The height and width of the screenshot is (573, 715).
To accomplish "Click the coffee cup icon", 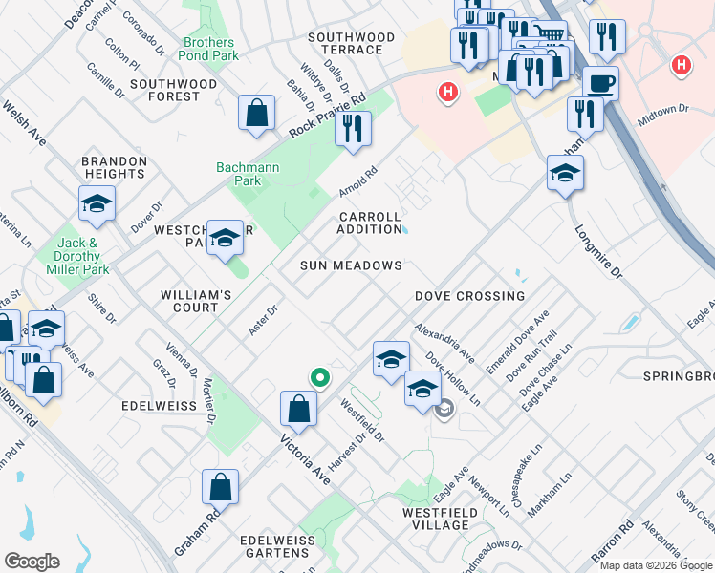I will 600,83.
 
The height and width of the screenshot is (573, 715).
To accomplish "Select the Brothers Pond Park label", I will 208,50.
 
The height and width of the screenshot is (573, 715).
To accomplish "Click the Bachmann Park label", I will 239,174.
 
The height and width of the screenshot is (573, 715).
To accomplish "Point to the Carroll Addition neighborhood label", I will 370,223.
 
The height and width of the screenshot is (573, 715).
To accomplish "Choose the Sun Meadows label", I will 351,265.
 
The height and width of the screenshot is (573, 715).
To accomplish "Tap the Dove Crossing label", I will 469,296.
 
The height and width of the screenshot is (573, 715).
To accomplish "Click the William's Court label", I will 196,302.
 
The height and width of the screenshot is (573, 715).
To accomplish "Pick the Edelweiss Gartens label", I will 277,547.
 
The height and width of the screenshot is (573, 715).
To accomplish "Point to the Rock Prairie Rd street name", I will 329,117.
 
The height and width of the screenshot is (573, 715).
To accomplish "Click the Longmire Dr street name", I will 598,253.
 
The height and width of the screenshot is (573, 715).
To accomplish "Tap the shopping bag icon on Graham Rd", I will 220,488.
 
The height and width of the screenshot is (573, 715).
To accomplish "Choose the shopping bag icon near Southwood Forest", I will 257,114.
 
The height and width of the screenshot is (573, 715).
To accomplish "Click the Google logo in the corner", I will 32,562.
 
